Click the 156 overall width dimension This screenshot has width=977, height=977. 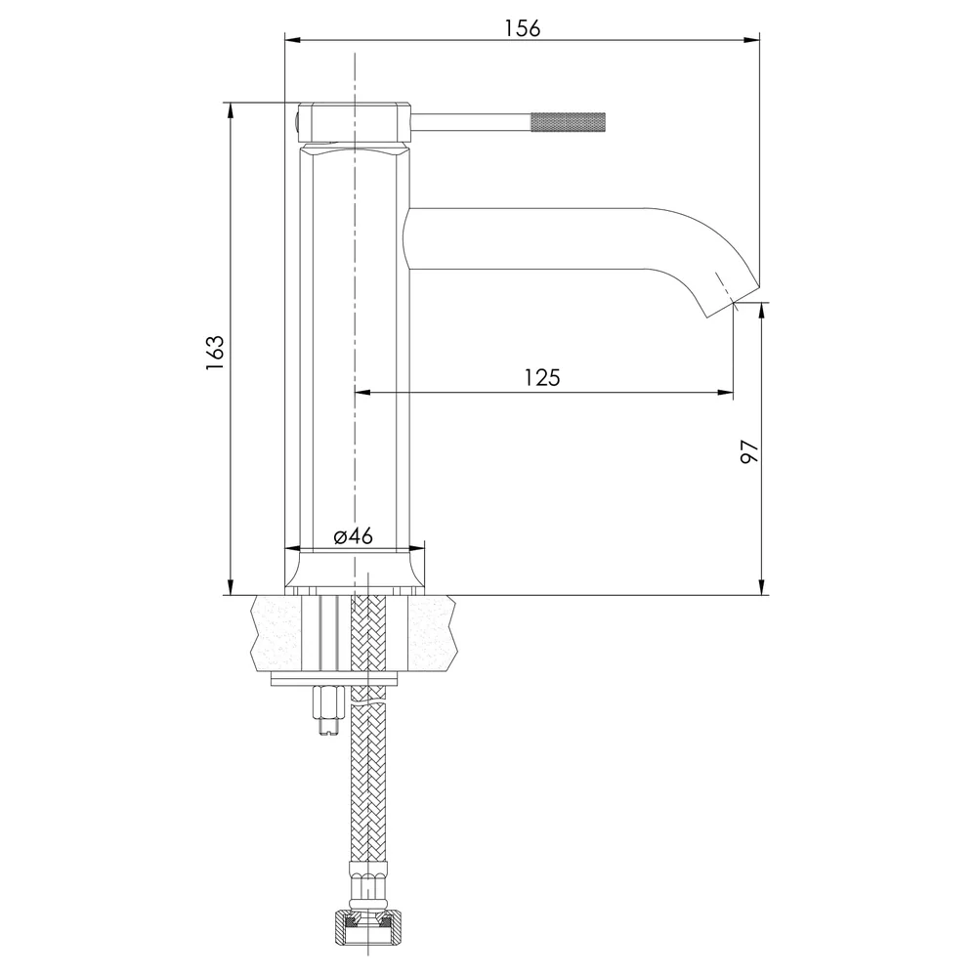coord(522,28)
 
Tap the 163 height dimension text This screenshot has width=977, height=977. coord(214,354)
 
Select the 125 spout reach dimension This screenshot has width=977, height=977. coord(542,377)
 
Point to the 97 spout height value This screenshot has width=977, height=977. coord(749,451)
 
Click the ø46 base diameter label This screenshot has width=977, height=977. coord(353,535)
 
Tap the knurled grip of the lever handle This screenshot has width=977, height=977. coord(568,121)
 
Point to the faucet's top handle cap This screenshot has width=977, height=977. coord(355,123)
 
